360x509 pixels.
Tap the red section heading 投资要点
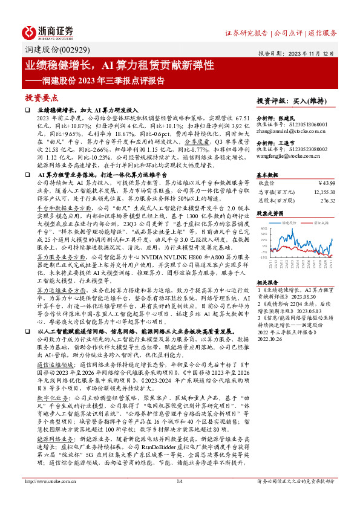(41, 97)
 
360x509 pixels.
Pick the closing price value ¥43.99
(326, 183)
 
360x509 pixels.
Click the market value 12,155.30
(322, 191)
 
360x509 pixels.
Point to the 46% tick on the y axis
(263, 229)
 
